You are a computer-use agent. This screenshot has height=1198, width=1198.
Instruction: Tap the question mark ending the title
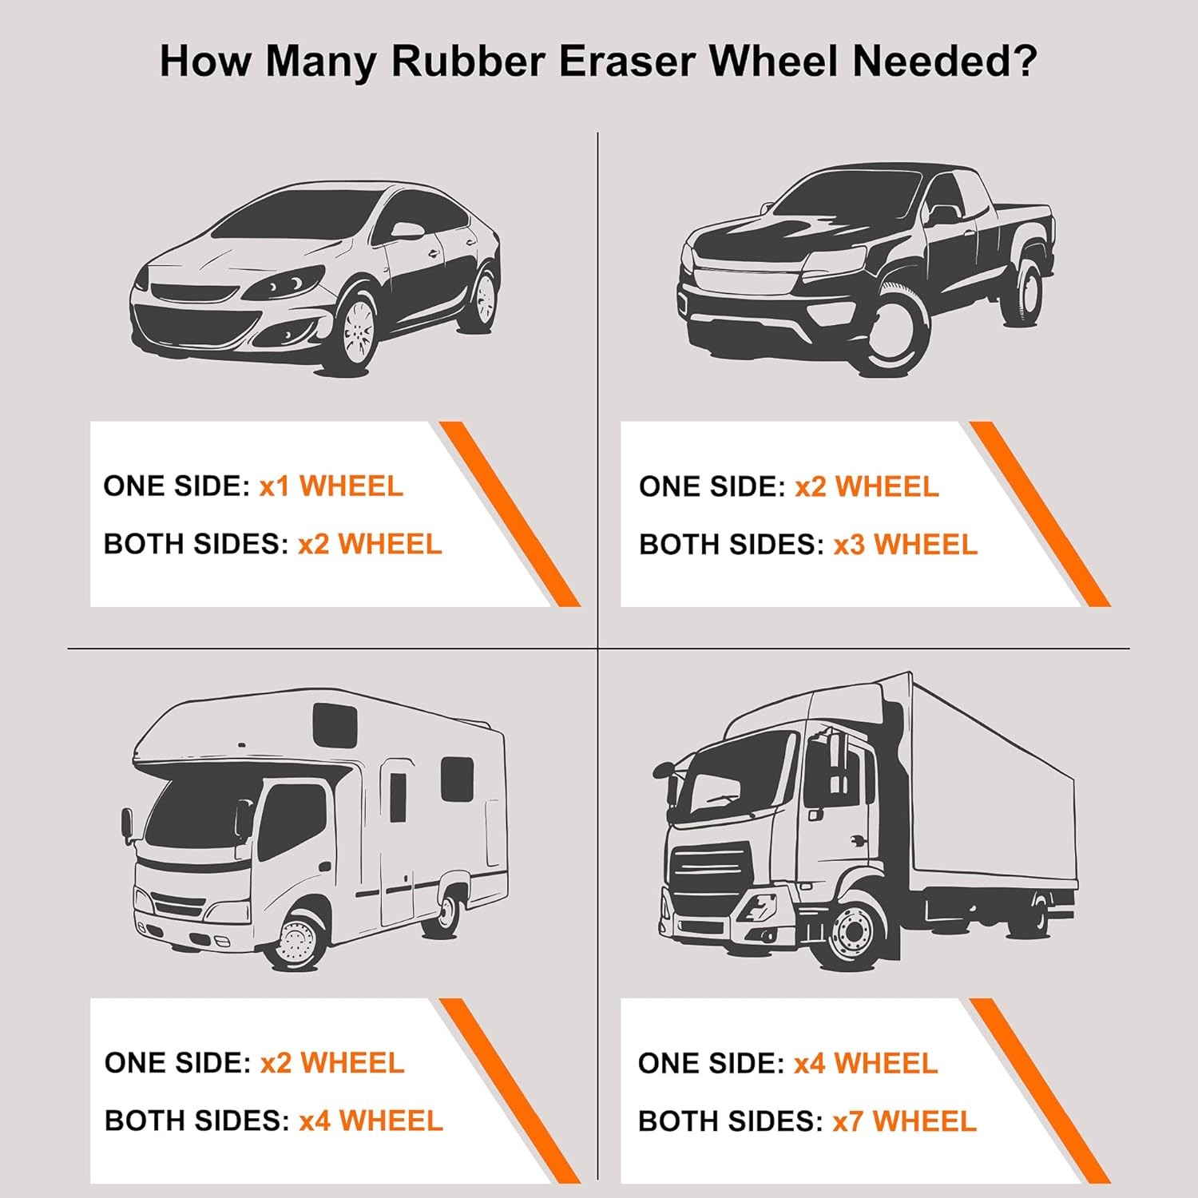(x=1024, y=61)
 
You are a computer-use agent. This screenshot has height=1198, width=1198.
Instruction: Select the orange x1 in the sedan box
(x=274, y=486)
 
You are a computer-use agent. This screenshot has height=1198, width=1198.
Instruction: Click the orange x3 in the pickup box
(x=849, y=545)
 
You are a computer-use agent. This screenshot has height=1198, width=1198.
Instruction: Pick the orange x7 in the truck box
(x=847, y=1121)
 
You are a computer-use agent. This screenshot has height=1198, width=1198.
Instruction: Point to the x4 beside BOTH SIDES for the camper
(x=314, y=1121)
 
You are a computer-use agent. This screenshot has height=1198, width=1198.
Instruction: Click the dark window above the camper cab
(x=334, y=723)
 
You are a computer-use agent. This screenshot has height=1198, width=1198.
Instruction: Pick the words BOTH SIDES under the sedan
(x=195, y=545)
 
